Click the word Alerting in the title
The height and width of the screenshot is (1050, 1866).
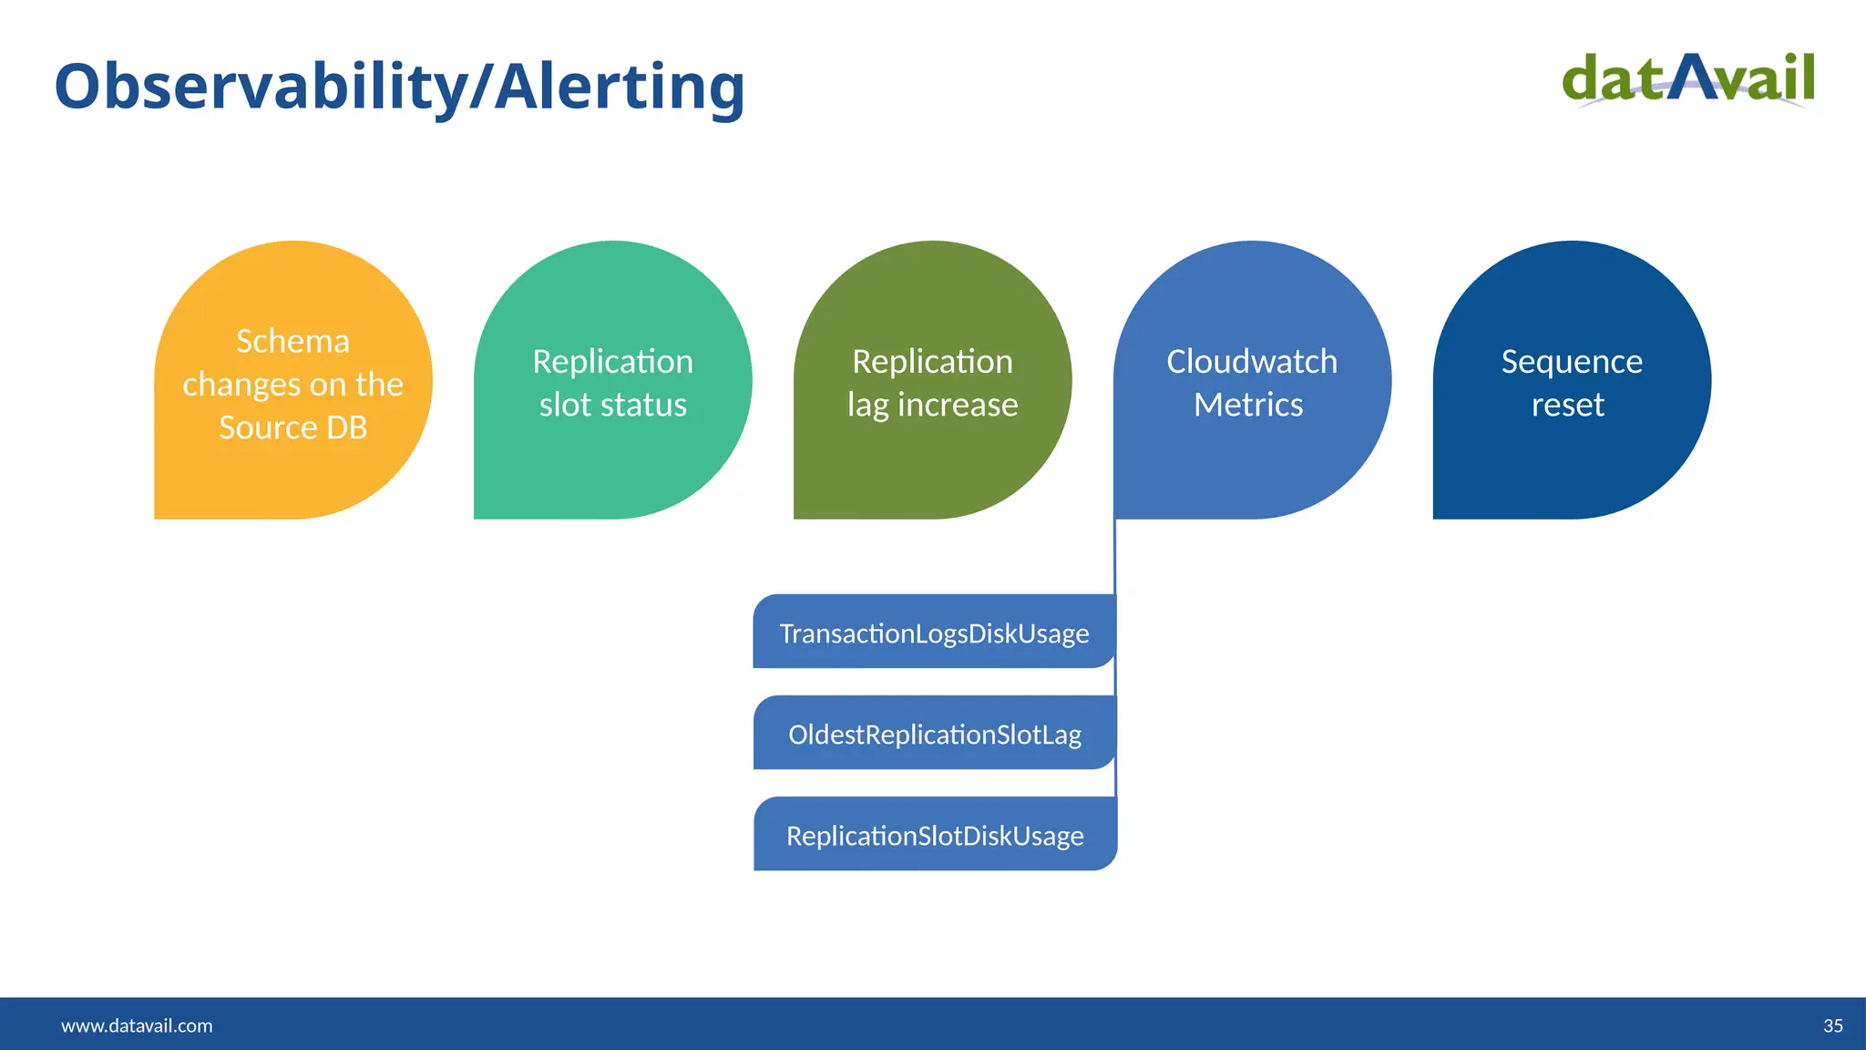pyautogui.click(x=620, y=87)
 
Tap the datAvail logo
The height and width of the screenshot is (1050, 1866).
pyautogui.click(x=1688, y=80)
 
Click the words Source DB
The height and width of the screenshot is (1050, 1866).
pyautogui.click(x=292, y=427)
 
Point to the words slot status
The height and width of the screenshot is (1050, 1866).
pyautogui.click(x=612, y=405)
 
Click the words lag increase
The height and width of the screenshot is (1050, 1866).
pyautogui.click(x=932, y=405)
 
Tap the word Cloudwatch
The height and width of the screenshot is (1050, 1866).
pyautogui.click(x=1252, y=362)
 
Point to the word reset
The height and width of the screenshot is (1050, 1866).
pyautogui.click(x=1567, y=405)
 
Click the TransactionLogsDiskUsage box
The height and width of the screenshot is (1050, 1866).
pyautogui.click(x=934, y=633)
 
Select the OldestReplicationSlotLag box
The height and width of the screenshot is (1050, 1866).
pyautogui.click(x=934, y=734)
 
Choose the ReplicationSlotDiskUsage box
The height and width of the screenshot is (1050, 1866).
pyautogui.click(x=934, y=835)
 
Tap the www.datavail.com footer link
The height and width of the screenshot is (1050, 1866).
pyautogui.click(x=137, y=1025)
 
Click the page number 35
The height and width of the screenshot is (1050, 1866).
pyautogui.click(x=1832, y=1025)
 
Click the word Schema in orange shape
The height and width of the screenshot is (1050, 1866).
pyautogui.click(x=292, y=341)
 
